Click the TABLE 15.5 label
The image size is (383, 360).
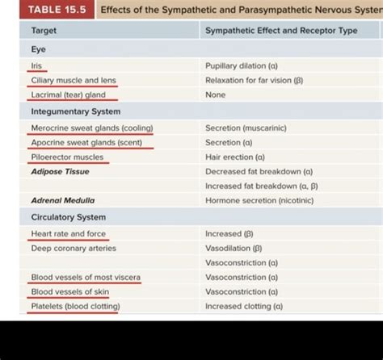pos(50,10)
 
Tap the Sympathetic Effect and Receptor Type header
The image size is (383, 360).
pos(280,31)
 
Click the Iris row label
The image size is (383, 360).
pos(36,65)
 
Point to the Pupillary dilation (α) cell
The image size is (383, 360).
pos(242,65)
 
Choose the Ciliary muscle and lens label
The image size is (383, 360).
pos(74,81)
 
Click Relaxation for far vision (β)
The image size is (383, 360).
pos(254,81)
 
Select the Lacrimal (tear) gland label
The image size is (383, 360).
pos(68,95)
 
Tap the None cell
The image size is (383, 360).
pos(216,95)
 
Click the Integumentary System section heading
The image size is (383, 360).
pos(75,111)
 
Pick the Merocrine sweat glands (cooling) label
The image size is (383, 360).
pos(91,128)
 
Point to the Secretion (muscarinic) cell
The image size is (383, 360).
pos(246,128)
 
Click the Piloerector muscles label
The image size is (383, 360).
pos(67,157)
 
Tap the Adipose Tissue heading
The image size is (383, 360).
pos(60,171)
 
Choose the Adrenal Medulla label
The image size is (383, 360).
pos(62,200)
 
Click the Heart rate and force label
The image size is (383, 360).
pos(68,233)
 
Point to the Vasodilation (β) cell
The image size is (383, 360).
pos(234,248)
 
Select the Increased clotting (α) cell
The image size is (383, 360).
pos(244,306)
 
